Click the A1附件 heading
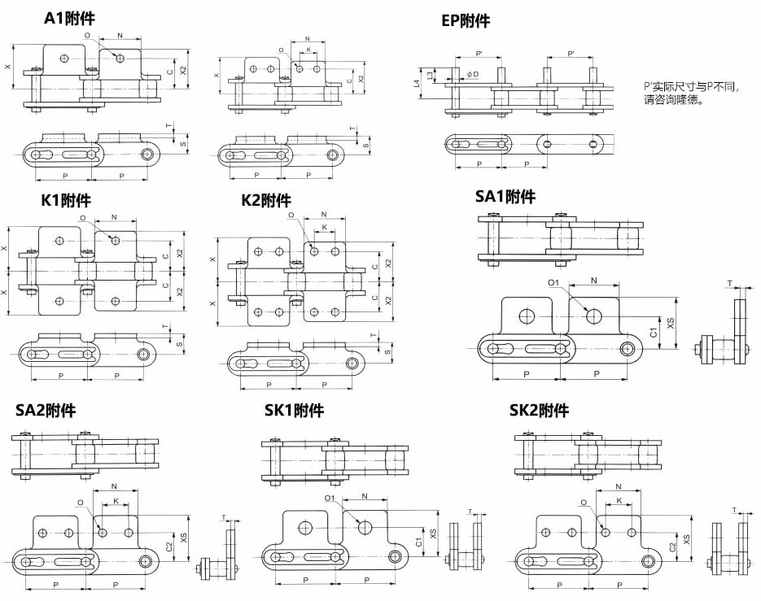[x=68, y=19]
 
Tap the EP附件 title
[x=466, y=21]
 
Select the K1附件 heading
[x=66, y=200]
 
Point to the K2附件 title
[x=265, y=200]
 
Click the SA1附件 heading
[x=505, y=196]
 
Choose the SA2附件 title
[x=46, y=411]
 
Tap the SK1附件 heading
[x=294, y=411]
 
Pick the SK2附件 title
[x=539, y=411]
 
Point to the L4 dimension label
[x=417, y=82]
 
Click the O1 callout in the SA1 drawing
[x=553, y=283]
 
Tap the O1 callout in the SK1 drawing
[x=330, y=498]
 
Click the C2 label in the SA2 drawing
[x=168, y=547]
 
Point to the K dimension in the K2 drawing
[x=325, y=228]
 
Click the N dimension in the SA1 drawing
[x=593, y=280]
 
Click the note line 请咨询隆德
[x=672, y=101]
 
